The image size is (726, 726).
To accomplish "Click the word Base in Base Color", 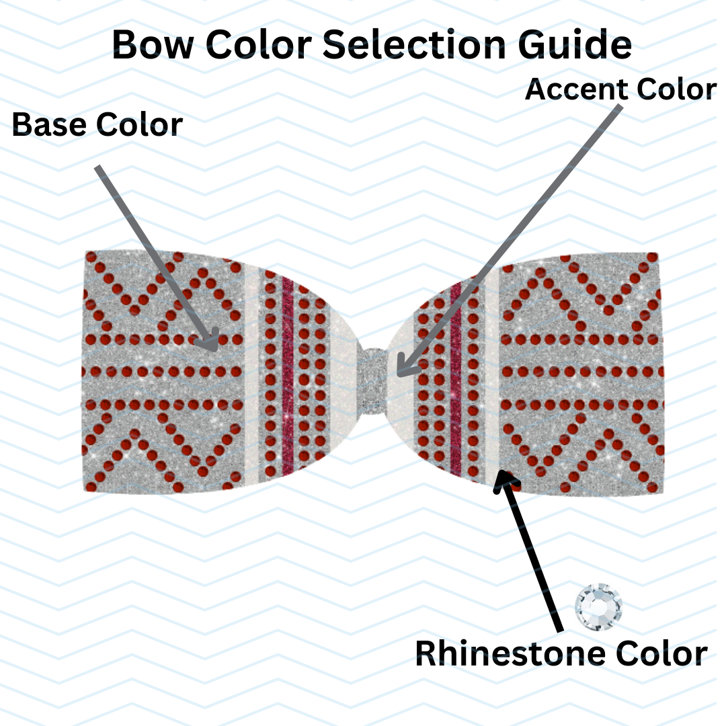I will click(x=49, y=125).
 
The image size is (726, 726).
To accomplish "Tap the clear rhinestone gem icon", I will click(x=599, y=607).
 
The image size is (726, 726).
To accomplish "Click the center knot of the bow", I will click(x=372, y=380).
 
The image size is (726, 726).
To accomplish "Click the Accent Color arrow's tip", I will click(x=399, y=374).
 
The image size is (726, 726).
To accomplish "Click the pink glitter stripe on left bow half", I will click(x=288, y=376).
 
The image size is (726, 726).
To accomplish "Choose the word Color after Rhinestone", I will click(x=655, y=653).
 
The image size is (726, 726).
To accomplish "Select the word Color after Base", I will click(x=139, y=125).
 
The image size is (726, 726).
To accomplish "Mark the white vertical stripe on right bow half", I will click(x=491, y=376).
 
